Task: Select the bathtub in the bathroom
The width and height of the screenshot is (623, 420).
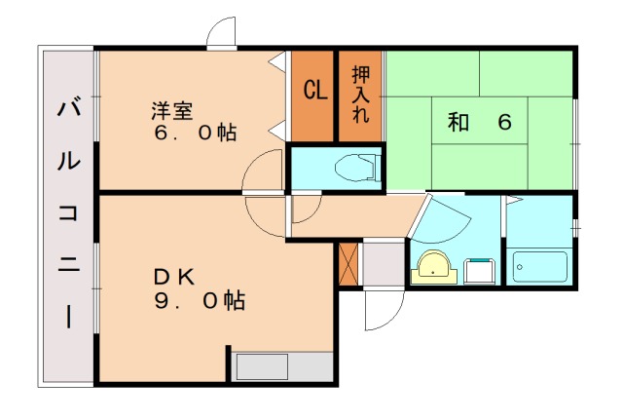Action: pos(539,266)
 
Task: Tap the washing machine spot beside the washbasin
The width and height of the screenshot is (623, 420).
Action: pos(479,268)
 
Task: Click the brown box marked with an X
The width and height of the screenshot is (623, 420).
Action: pos(348,263)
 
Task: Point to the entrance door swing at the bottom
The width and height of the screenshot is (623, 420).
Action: pos(382,310)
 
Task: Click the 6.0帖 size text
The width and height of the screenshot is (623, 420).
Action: pos(195,133)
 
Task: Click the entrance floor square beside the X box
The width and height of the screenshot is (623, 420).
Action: pos(383,263)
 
